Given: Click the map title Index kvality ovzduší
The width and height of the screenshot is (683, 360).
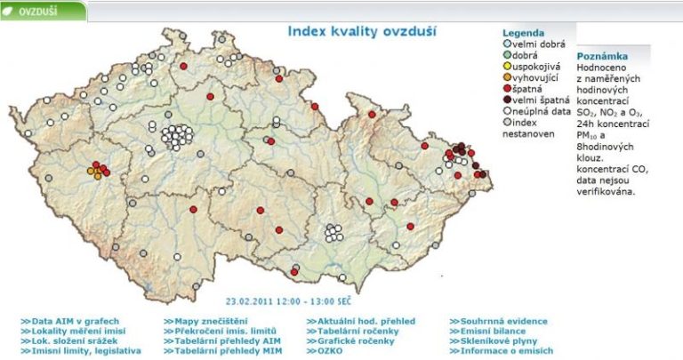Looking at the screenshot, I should point(361,31).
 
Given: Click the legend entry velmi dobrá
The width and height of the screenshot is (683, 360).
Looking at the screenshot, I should point(534,43).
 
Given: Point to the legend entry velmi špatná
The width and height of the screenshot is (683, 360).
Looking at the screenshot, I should point(539,100).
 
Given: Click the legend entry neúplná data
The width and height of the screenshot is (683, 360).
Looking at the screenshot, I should point(539,112).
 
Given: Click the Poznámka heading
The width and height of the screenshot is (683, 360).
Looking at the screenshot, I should point(601,54).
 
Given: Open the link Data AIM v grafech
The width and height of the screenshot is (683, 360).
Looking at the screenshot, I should point(74,321).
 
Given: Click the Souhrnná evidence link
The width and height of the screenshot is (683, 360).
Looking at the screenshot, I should point(503,321).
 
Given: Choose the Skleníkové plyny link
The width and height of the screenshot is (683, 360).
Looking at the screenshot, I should point(500,340).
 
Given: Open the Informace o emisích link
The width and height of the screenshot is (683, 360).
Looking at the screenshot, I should point(506,350).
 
